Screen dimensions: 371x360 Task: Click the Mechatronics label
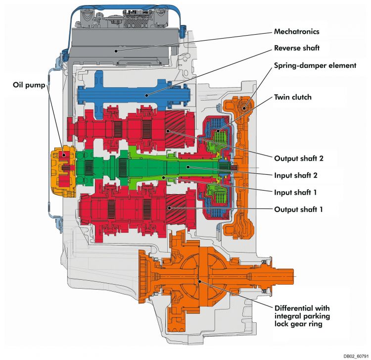(x=296, y=32)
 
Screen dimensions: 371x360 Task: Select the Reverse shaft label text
(x=297, y=48)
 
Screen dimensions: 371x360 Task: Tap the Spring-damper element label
(x=315, y=65)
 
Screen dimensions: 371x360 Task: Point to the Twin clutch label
(x=293, y=97)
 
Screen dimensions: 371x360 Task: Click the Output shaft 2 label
(x=299, y=158)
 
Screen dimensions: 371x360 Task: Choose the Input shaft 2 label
(x=296, y=175)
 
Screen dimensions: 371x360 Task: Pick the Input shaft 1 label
(x=295, y=193)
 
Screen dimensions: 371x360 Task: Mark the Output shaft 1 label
(x=298, y=209)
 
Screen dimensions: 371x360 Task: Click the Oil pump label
(x=29, y=85)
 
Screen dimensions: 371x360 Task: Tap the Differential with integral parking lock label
(x=302, y=316)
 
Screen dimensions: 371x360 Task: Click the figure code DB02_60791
(x=356, y=356)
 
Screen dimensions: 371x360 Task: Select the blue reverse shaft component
(x=134, y=95)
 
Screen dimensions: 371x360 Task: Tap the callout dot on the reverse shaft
(x=147, y=95)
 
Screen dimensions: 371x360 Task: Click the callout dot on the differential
(x=200, y=281)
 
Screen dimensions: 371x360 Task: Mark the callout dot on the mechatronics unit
(x=116, y=51)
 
